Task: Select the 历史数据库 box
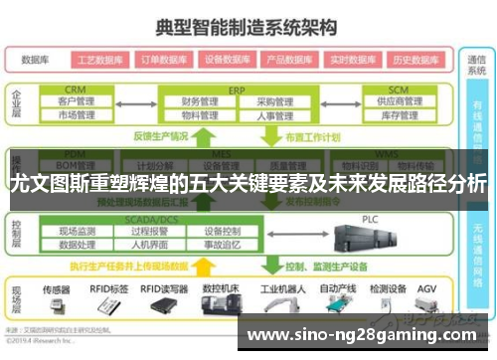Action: tap(416, 59)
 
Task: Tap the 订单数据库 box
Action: tap(163, 59)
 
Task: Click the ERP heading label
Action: tap(236, 90)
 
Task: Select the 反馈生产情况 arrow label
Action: tap(161, 137)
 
